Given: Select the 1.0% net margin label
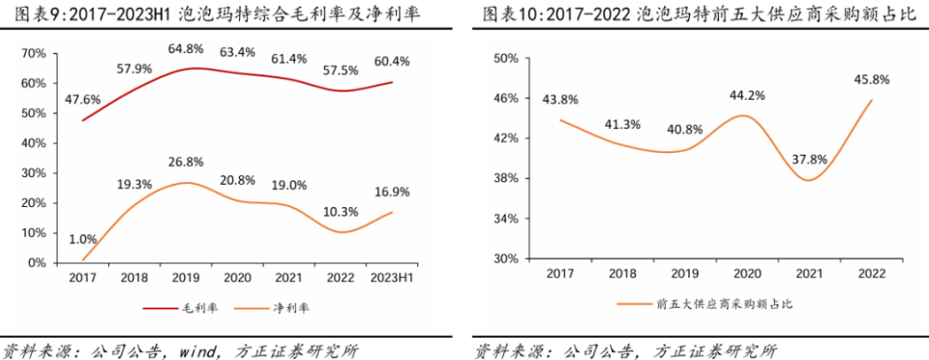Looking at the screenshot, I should (x=84, y=240).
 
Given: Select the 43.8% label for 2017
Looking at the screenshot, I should (x=561, y=100).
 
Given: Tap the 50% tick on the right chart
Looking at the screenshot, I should (x=507, y=59).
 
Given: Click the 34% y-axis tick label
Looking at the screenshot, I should (x=507, y=219).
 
